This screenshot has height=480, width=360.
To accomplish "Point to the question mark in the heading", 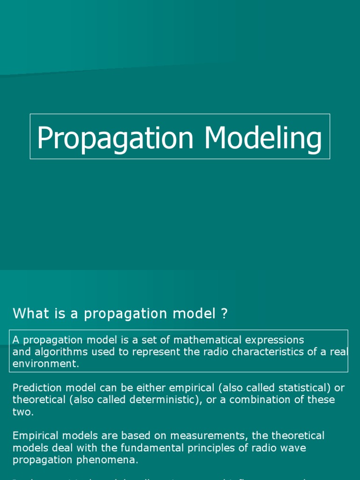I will point(224,314).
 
